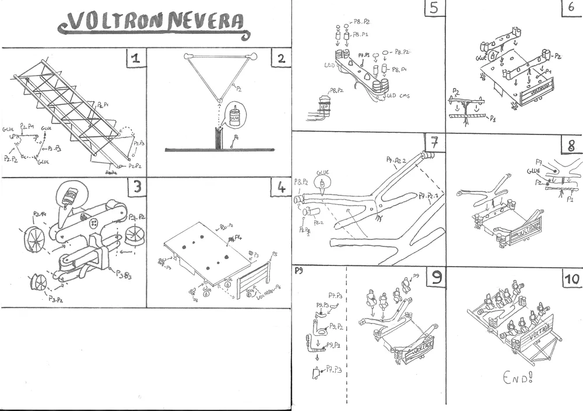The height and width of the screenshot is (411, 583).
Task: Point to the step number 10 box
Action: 571,279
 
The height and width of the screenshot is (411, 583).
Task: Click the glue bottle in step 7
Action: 321,183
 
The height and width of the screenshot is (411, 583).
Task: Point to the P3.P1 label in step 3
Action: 40,215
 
